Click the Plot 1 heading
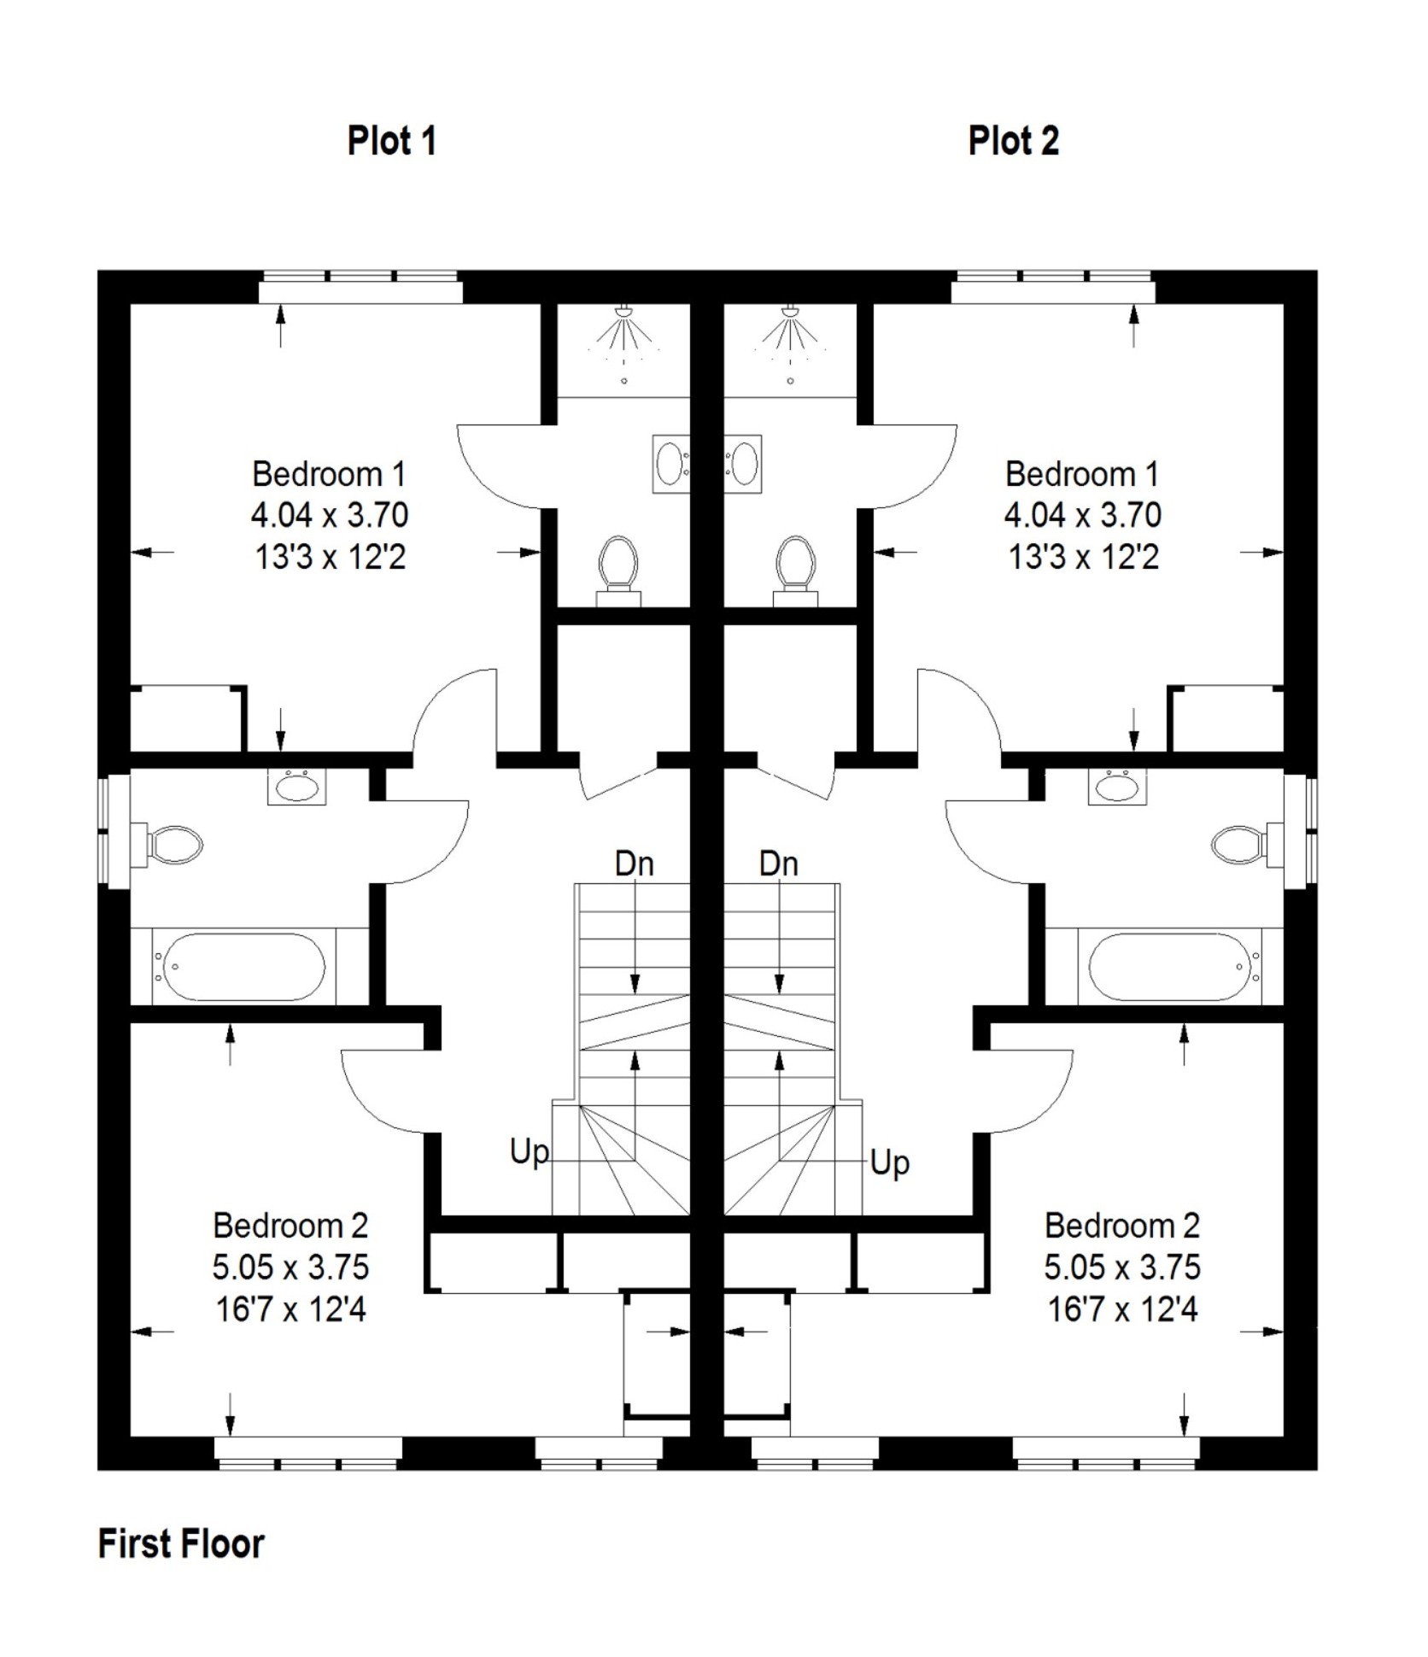391,141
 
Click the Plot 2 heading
1013,141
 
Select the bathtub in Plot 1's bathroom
243,967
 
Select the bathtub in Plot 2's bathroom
1170,967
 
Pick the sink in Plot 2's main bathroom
1116,786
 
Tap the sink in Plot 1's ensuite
670,464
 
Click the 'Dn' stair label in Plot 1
634,864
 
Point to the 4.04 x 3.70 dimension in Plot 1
329,515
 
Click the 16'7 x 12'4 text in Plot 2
1121,1309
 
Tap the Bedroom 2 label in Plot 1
290,1226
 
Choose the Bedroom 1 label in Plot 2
1081,474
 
